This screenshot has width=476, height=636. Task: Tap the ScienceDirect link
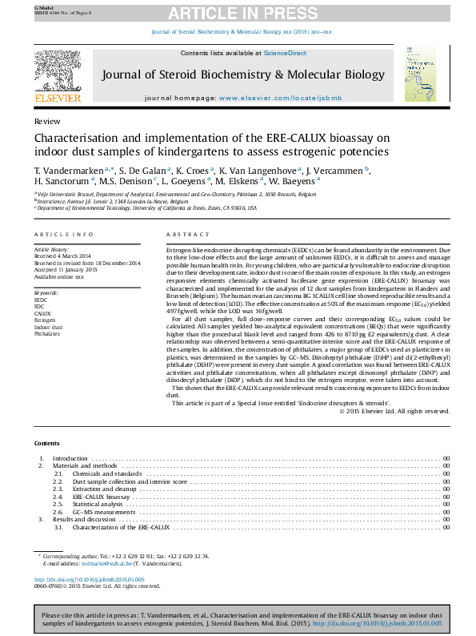[x=286, y=53]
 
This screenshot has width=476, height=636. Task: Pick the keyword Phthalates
[x=47, y=333]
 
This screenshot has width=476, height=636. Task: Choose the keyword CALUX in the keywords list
[x=42, y=313]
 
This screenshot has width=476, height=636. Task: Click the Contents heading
[x=46, y=443]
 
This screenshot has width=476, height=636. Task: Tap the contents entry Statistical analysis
[x=98, y=504]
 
